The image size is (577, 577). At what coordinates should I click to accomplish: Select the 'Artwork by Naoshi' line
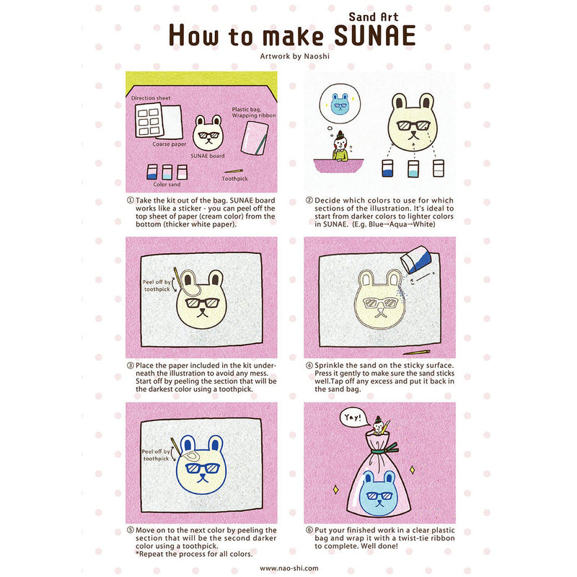288,55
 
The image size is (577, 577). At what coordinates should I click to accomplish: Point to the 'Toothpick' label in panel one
236,178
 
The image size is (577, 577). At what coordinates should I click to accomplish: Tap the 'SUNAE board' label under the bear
207,156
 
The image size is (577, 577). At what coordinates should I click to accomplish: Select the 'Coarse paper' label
169,144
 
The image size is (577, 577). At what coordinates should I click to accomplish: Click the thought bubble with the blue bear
338,105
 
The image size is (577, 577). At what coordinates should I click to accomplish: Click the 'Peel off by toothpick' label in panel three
156,287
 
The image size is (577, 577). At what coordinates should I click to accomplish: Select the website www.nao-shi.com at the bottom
288,568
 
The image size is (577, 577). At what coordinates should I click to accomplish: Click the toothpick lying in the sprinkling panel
417,353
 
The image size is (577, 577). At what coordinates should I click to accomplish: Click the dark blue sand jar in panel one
151,172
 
